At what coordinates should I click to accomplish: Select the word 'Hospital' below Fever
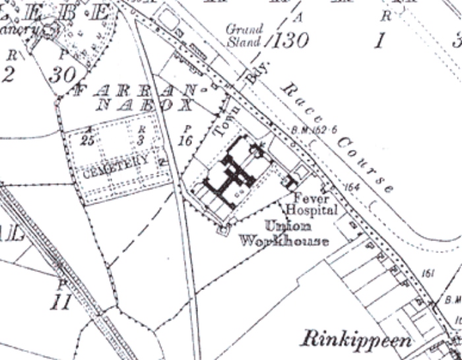312,211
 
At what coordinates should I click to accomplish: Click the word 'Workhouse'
284,241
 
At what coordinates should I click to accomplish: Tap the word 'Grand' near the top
244,30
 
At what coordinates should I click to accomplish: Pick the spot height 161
428,273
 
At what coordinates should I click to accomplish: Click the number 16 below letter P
185,141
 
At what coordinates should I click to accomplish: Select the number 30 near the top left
62,75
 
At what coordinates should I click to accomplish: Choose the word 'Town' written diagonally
222,119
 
